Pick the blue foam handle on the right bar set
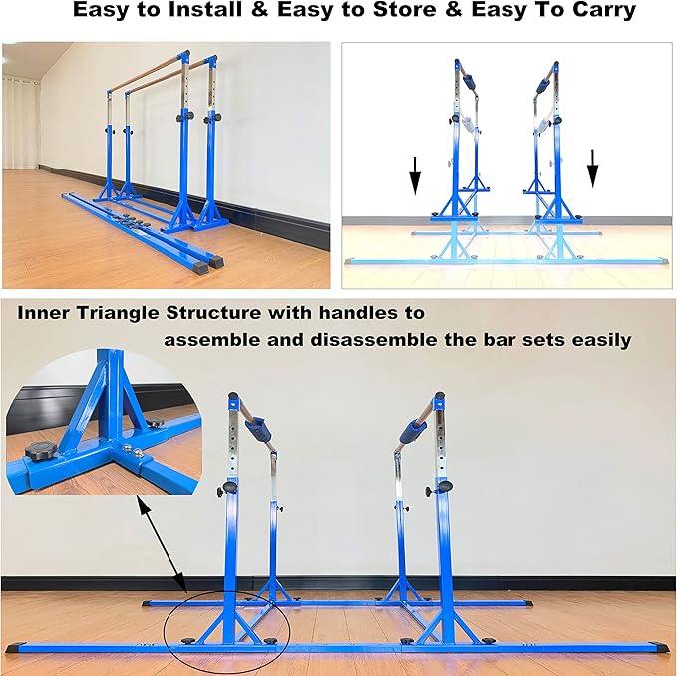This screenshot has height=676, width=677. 411,427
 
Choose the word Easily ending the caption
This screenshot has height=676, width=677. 596,340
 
